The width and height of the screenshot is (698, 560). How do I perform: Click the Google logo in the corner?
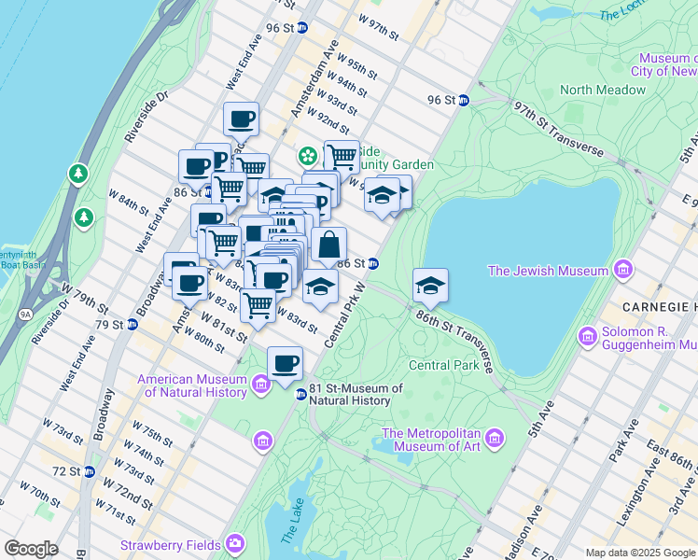coord(30,549)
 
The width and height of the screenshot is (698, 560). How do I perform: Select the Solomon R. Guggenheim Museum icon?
coord(587,335)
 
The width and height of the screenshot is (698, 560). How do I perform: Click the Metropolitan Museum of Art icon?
coord(494,437)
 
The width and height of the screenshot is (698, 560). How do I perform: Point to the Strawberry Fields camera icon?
coord(233,544)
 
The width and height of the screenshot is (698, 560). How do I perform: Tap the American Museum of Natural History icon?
coord(260,383)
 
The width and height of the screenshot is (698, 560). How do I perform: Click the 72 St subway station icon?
coord(89,470)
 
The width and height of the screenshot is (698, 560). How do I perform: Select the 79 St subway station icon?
coord(133,325)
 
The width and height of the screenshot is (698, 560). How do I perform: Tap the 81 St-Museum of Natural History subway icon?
coord(300,395)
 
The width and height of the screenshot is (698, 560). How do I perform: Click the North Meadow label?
coord(602,90)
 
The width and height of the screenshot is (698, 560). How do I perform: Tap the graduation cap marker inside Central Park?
coord(430,286)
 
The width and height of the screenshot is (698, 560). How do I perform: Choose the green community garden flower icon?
coord(306,155)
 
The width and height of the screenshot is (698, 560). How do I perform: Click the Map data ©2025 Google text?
coord(639,552)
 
